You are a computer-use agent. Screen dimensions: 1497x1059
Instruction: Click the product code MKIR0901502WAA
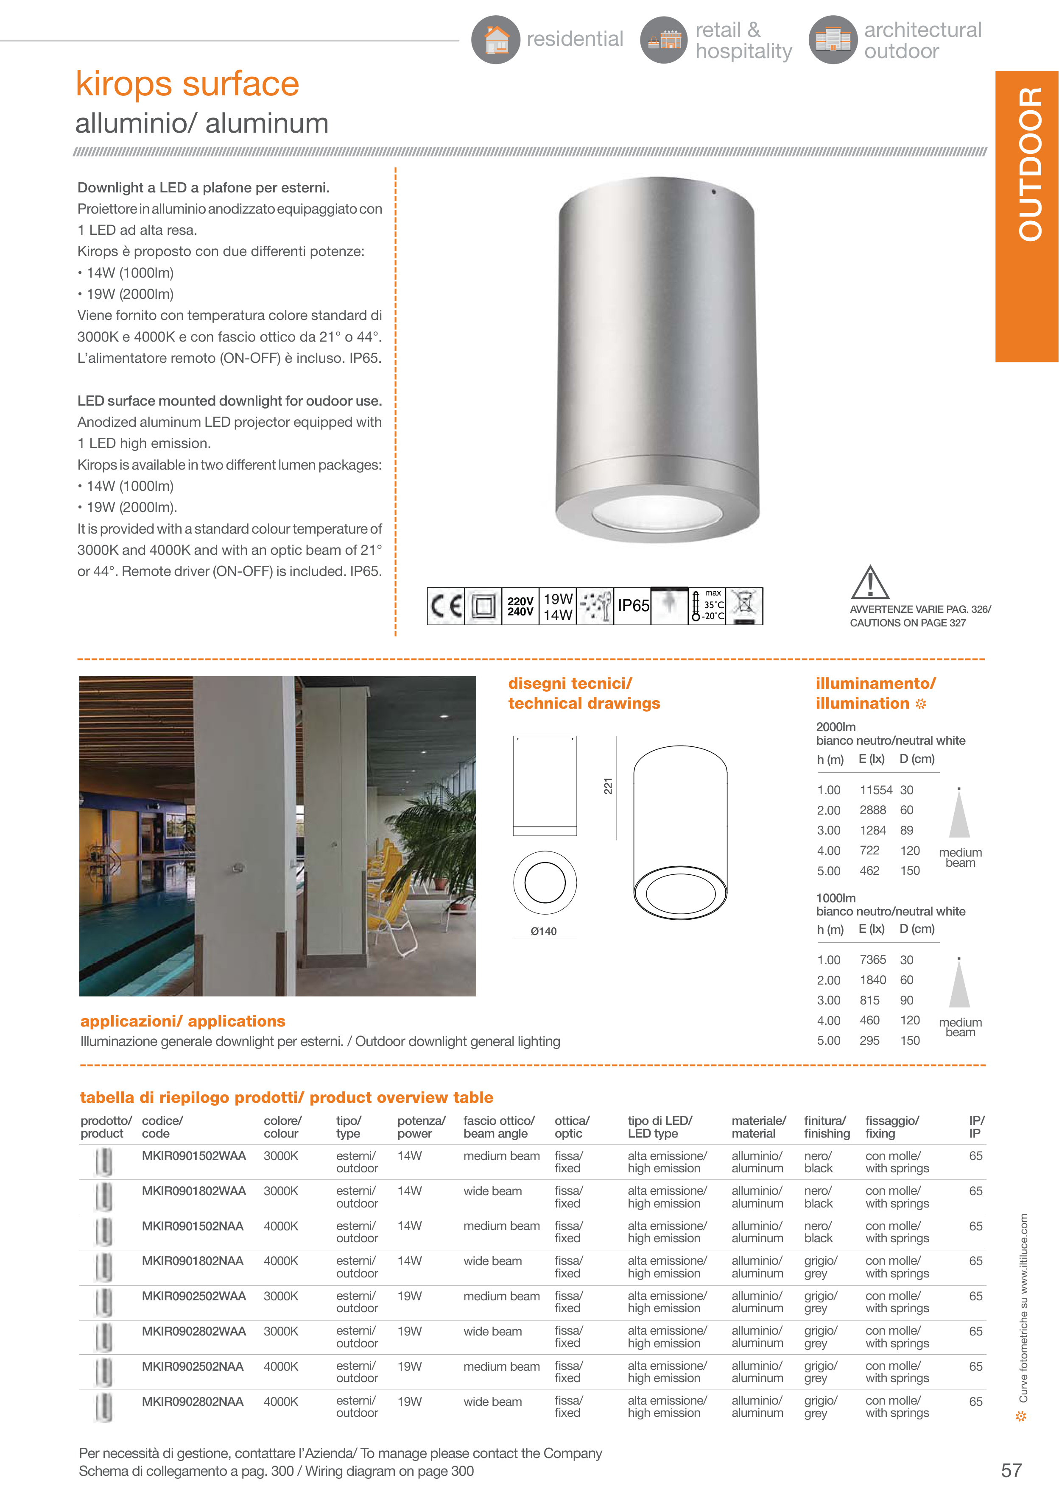(194, 1156)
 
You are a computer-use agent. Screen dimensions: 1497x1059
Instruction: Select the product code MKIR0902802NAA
(193, 1401)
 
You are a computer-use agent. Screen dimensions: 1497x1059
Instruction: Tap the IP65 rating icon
(633, 606)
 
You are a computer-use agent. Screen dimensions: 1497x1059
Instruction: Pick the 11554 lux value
(876, 790)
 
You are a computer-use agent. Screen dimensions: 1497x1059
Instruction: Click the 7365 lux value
(872, 960)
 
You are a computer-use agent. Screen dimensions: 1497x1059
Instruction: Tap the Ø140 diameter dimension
(544, 931)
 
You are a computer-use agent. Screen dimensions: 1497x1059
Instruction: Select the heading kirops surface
(187, 83)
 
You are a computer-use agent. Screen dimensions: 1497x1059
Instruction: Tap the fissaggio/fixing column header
(891, 1127)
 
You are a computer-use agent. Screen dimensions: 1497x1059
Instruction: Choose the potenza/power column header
(421, 1127)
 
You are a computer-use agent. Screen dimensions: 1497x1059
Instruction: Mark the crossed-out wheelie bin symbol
(744, 606)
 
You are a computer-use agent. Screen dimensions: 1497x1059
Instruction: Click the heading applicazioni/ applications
(183, 1021)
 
